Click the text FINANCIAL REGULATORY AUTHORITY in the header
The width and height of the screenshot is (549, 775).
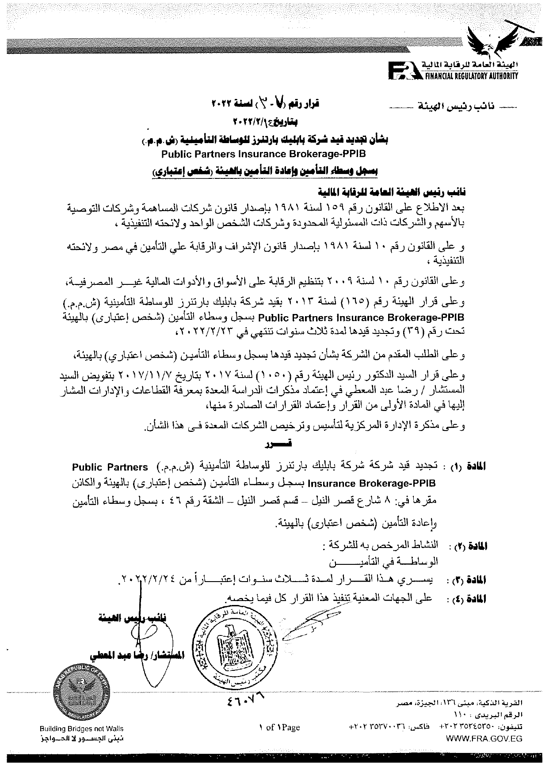(471, 76)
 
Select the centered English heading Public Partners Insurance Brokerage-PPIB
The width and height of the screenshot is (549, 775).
(263, 154)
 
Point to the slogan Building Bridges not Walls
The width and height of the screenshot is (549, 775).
(81, 729)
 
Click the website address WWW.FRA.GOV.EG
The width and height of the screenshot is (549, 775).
(484, 738)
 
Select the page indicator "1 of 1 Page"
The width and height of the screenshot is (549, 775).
(279, 727)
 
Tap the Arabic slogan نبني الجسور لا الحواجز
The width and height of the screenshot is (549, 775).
(81, 738)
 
